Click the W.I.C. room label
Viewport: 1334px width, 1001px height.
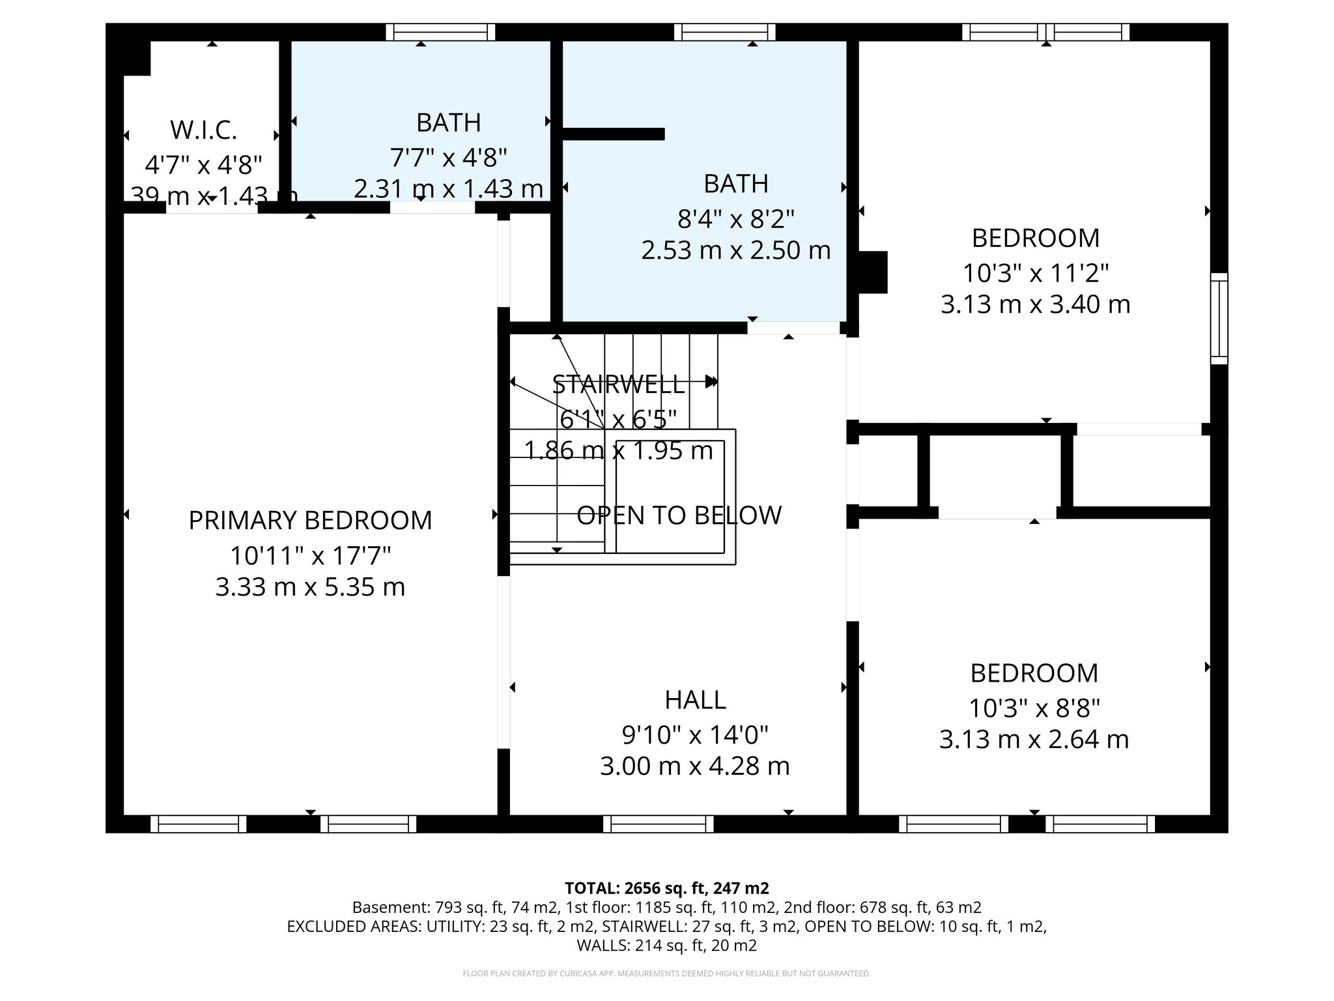(x=203, y=130)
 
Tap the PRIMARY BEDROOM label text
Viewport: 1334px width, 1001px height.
(x=310, y=521)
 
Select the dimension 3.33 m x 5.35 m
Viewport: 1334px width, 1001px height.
(x=310, y=587)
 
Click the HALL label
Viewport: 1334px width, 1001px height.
(x=695, y=700)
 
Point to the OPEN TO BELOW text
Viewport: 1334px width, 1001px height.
(x=679, y=515)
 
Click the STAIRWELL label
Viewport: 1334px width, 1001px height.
(x=618, y=384)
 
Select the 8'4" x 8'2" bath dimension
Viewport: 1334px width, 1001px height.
(x=736, y=219)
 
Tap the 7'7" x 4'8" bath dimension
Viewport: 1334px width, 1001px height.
(x=448, y=157)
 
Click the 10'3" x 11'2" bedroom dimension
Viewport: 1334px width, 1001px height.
(x=1035, y=273)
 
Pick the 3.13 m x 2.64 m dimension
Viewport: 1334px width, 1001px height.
(x=1034, y=740)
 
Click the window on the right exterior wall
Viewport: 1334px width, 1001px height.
(x=1219, y=319)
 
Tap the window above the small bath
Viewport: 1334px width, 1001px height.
(x=440, y=32)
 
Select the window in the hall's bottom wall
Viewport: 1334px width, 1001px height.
(x=659, y=824)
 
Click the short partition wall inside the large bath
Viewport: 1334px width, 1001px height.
(x=612, y=134)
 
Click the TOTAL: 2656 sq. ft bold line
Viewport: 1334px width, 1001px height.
(x=666, y=888)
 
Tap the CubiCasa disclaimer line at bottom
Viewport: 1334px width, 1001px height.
(x=666, y=974)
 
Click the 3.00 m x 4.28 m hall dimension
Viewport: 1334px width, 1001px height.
(x=695, y=766)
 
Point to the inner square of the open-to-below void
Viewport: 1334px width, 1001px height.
(x=670, y=496)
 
